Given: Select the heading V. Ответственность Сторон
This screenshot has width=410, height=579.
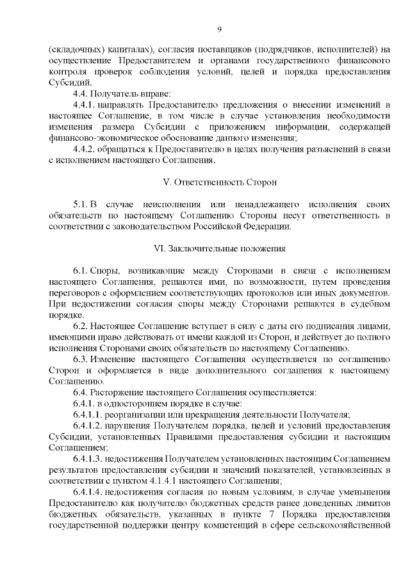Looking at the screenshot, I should (219, 182).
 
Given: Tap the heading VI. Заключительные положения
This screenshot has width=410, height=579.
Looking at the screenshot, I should (219, 248).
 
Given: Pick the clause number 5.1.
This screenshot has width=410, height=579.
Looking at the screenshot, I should (81, 204).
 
